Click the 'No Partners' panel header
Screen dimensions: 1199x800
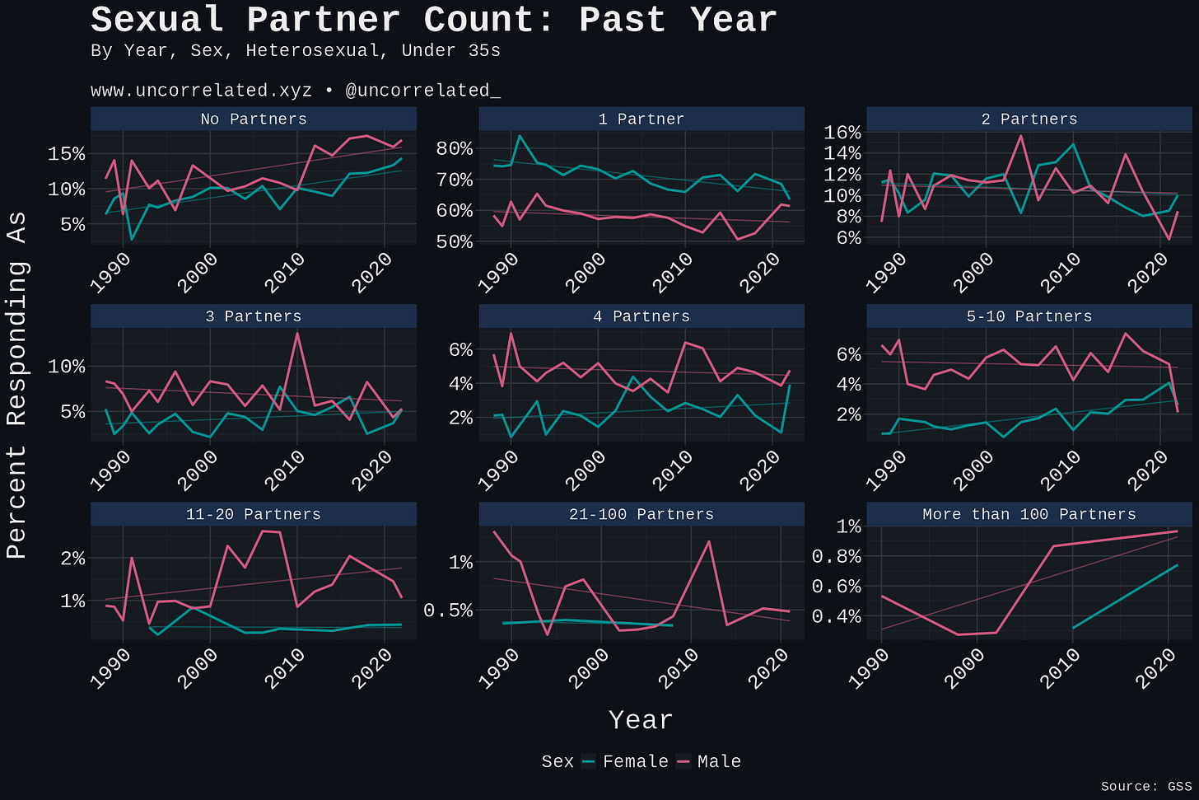click(253, 119)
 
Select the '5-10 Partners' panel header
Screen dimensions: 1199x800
click(1029, 316)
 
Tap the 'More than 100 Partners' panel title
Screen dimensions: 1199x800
click(1029, 514)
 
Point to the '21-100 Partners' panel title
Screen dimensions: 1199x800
click(641, 514)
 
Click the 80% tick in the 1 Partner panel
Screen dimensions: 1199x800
click(455, 148)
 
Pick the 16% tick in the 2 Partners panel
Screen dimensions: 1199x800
click(842, 133)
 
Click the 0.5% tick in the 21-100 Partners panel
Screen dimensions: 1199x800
click(449, 610)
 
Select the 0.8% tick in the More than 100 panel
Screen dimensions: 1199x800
click(837, 556)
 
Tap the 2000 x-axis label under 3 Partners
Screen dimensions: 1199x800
click(198, 470)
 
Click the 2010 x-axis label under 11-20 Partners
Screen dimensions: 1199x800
click(285, 668)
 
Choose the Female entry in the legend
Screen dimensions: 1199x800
click(625, 761)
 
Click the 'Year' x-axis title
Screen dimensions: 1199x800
click(641, 720)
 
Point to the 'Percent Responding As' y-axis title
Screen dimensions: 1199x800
click(16, 385)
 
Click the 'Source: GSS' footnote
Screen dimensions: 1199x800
click(1146, 786)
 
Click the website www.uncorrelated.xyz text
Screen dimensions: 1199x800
click(201, 91)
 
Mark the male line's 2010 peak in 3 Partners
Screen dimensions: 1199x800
click(297, 334)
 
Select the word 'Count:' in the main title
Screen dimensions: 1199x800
click(489, 21)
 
